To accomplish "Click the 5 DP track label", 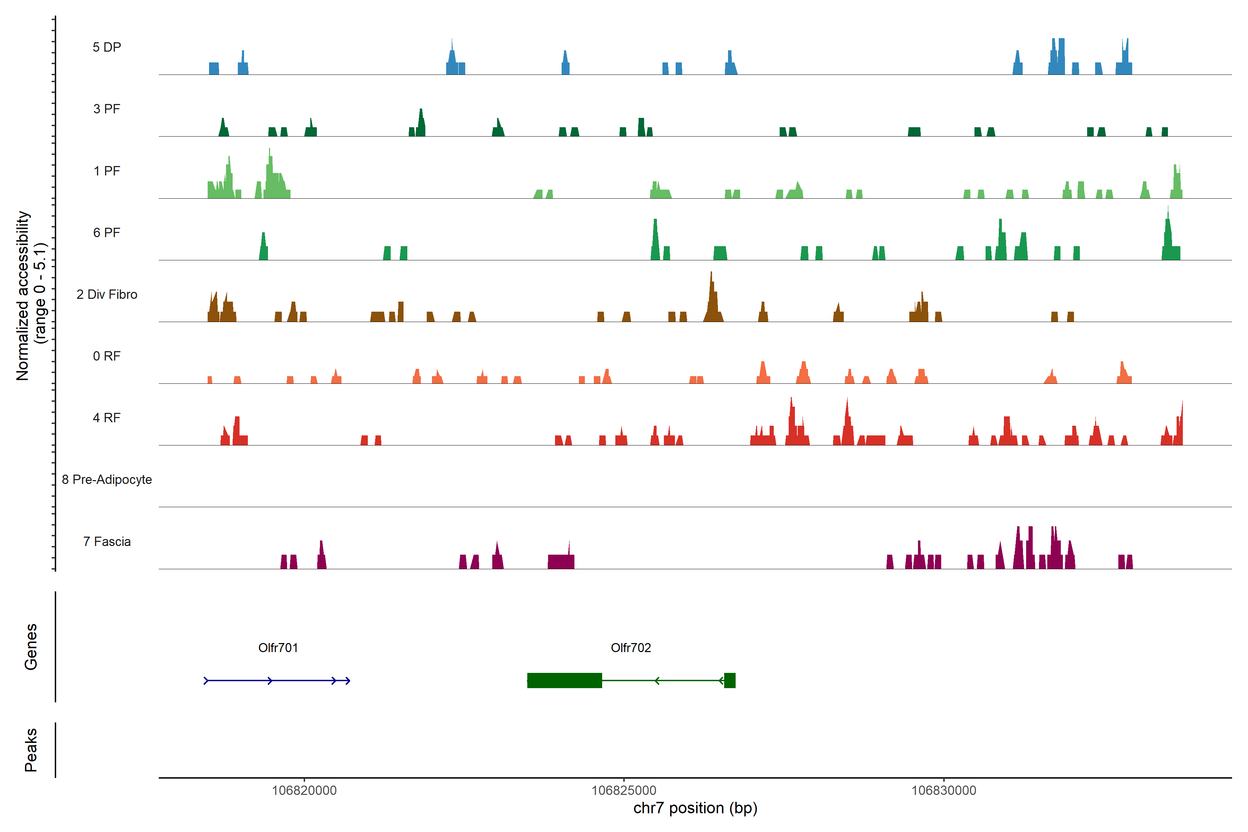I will point(107,47).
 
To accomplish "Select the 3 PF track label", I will point(107,109).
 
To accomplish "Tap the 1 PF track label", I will point(107,171).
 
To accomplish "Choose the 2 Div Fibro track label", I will point(107,294).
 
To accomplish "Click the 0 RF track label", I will point(107,356).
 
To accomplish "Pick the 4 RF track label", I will point(107,418).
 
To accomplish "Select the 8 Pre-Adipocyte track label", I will point(107,480).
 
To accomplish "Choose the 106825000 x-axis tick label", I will point(624,791).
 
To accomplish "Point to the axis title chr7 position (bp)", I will point(695,808).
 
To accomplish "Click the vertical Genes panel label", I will point(31,647).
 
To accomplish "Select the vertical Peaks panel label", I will point(31,750).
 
